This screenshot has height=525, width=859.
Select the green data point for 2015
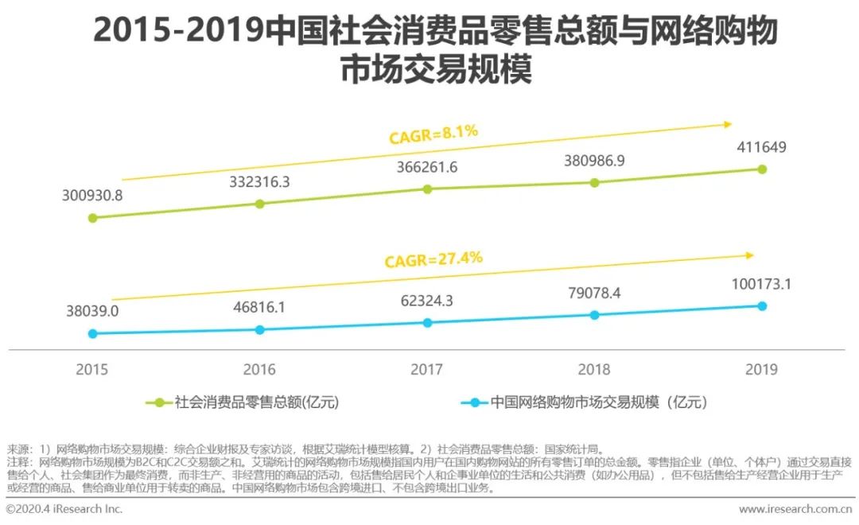93,216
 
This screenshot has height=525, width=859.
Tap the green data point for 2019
762,169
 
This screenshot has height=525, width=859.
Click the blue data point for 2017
427,322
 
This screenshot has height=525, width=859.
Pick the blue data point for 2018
594,315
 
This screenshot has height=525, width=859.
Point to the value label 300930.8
92,196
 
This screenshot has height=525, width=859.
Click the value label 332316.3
259,182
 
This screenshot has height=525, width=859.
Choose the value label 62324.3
427,301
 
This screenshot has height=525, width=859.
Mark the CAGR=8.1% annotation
433,134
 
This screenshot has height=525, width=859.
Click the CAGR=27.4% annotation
433,259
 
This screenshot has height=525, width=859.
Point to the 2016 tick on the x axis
259,369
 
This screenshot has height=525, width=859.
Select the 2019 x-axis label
761,369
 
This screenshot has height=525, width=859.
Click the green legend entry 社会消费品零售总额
243,402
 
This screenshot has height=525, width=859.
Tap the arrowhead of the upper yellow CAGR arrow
727,123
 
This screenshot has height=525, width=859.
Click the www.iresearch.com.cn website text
795,509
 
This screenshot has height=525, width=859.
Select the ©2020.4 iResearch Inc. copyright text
64,509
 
